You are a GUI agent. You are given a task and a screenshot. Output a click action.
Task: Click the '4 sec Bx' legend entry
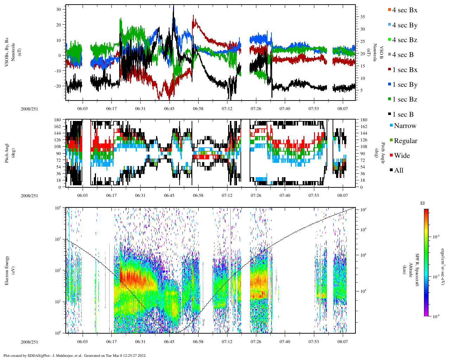coord(404,10)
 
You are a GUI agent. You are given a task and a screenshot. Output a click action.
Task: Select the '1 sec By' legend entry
coord(405,85)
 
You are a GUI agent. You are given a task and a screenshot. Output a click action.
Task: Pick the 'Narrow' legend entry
coord(405,126)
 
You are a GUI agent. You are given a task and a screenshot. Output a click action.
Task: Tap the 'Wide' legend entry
coord(402,156)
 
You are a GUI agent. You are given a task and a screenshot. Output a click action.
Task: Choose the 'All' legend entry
coord(398,171)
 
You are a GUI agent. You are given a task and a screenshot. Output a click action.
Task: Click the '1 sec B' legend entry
coord(403,115)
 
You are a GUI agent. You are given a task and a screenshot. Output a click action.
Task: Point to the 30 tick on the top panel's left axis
coord(58,9)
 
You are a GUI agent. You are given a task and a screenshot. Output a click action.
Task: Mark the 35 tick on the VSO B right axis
coord(362,17)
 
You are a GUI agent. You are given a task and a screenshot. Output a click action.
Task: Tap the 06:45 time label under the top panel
coord(169,109)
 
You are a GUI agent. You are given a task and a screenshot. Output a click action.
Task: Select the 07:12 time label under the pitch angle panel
coord(227,195)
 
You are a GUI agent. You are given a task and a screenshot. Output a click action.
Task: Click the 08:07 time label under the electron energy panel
coord(343,341)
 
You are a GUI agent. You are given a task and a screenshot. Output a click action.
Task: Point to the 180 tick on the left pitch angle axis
coord(58,120)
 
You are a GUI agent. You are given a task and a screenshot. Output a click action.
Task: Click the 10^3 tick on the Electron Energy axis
coord(58,239)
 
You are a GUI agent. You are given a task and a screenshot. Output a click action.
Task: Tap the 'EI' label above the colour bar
coord(423,203)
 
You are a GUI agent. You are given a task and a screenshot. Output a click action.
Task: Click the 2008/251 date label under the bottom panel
coord(29,342)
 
